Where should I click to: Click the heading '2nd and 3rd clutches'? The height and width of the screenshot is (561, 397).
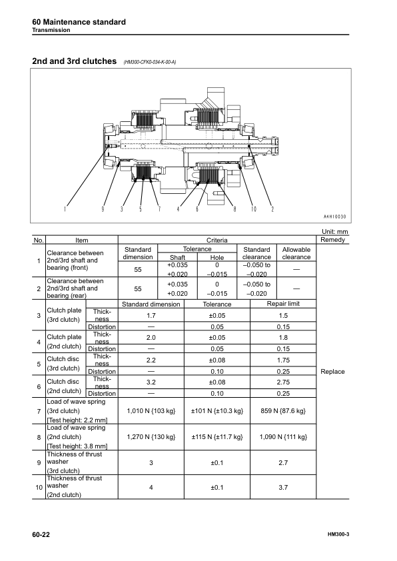pyautogui.click(x=74, y=62)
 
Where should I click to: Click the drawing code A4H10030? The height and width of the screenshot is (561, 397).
pyautogui.click(x=338, y=217)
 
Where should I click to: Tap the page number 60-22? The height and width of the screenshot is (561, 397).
pyautogui.click(x=41, y=535)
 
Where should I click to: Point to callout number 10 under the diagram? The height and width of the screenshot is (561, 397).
pyautogui.click(x=254, y=209)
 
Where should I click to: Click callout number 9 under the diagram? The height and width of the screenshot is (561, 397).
pyautogui.click(x=103, y=209)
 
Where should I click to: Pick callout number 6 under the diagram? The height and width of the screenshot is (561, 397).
pyautogui.click(x=197, y=209)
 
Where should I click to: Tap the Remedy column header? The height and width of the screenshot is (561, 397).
pyautogui.click(x=332, y=239)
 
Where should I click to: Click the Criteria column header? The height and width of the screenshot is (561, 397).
pyautogui.click(x=217, y=240)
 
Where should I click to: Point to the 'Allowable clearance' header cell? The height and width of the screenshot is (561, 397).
pyautogui.click(x=296, y=253)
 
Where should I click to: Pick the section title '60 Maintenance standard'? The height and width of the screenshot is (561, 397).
pyautogui.click(x=79, y=22)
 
